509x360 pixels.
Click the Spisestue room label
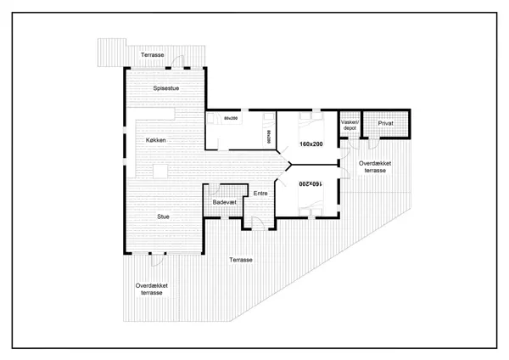[165, 87]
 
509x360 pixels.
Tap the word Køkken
[156, 139]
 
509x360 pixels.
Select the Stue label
[164, 217]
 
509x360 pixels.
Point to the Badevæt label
[224, 203]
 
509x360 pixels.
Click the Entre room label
[261, 194]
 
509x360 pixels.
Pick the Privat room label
[386, 124]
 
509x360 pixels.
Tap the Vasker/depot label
[350, 126]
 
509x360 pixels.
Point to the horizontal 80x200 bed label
[231, 118]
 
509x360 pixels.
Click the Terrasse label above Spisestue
[153, 54]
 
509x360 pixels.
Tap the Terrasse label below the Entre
[241, 259]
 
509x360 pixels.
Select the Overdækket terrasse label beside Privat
[374, 166]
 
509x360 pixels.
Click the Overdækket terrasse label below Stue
[151, 290]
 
